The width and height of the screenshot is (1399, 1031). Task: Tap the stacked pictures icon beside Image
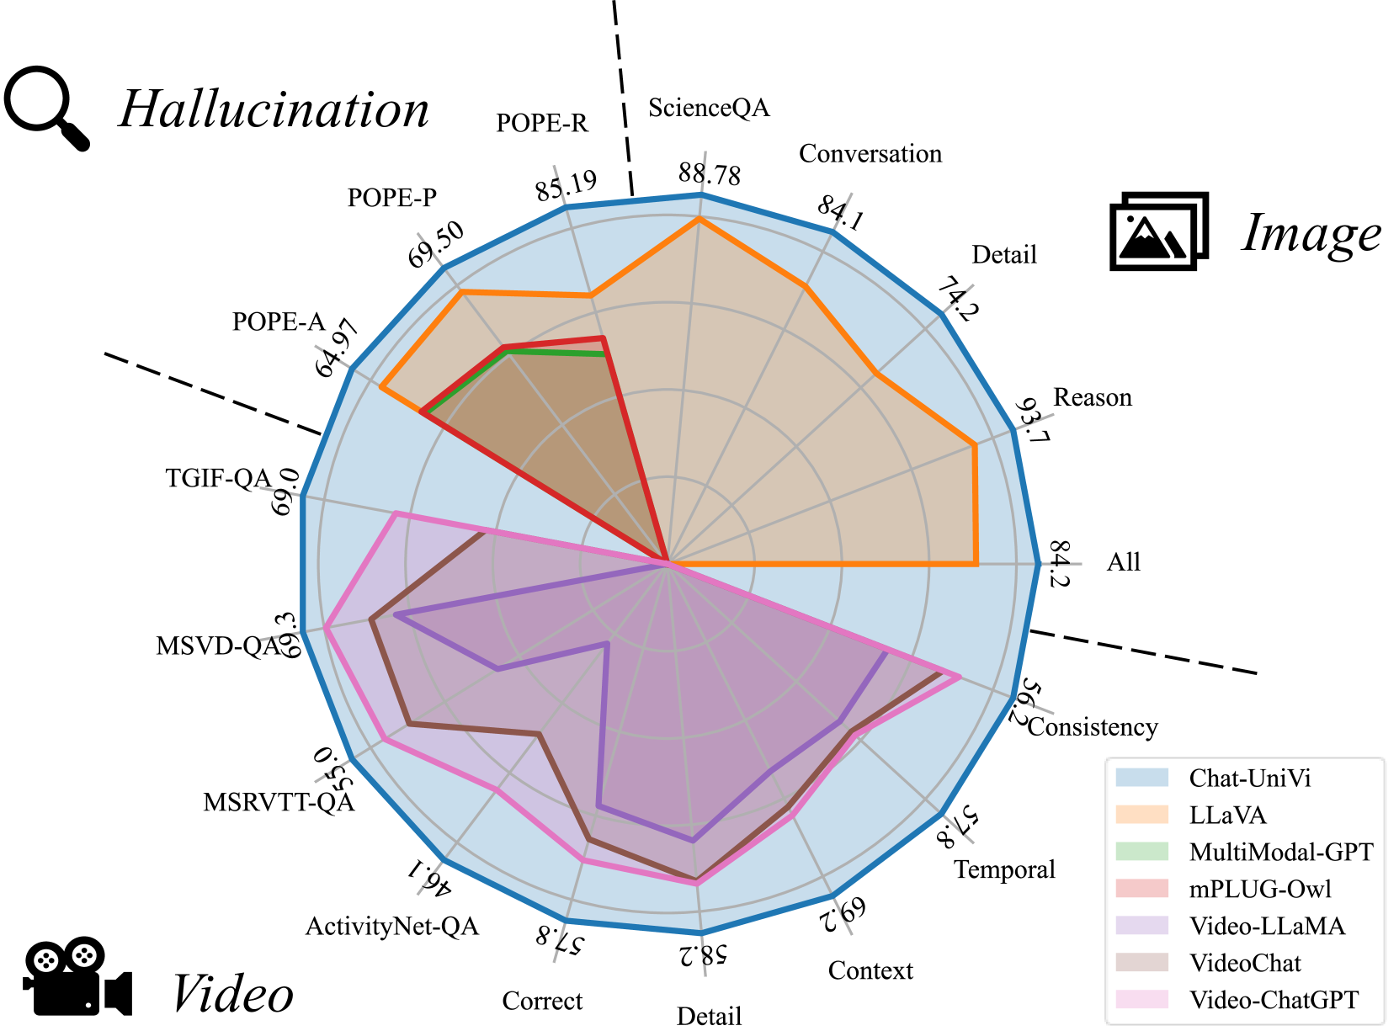[1159, 231]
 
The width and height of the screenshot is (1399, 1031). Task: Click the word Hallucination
[274, 110]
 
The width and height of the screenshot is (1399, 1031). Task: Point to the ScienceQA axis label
[709, 109]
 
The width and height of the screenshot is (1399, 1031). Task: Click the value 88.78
[710, 174]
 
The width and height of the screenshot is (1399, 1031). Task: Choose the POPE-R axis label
[542, 124]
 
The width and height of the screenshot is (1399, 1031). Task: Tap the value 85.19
[567, 186]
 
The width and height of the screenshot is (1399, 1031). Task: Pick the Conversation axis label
[870, 154]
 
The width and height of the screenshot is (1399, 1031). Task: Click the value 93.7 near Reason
[1032, 422]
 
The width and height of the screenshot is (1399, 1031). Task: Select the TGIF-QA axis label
[218, 479]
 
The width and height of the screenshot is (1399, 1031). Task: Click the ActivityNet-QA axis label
[392, 927]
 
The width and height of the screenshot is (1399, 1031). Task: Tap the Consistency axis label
[1093, 727]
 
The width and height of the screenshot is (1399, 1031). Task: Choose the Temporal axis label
[1004, 870]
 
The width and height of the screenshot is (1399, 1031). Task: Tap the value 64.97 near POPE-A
[338, 348]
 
